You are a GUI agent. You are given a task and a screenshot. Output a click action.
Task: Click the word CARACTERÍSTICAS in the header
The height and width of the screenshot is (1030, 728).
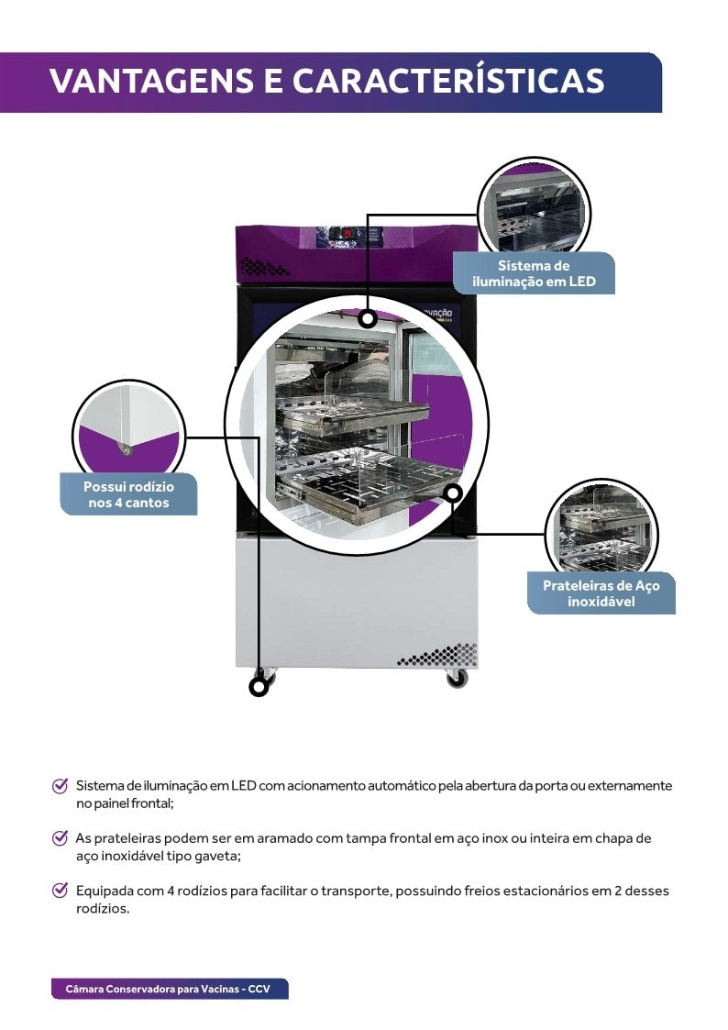(448, 81)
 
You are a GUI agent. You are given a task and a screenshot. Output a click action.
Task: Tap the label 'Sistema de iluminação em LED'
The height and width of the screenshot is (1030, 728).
(534, 273)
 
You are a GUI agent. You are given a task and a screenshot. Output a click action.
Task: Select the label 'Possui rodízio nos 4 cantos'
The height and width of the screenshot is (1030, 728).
(128, 494)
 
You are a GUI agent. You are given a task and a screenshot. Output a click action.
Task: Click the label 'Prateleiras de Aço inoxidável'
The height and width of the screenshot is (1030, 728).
(601, 593)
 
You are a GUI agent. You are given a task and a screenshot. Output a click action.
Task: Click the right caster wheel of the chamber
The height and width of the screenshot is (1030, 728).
(456, 679)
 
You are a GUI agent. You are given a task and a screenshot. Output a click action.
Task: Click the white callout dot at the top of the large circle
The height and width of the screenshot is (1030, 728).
(368, 319)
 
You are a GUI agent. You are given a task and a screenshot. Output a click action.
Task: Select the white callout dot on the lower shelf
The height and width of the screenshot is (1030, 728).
(452, 493)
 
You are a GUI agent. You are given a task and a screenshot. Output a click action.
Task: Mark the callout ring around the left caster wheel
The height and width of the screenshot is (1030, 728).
(259, 685)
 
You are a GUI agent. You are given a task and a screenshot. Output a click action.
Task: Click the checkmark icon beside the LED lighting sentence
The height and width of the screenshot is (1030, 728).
(61, 786)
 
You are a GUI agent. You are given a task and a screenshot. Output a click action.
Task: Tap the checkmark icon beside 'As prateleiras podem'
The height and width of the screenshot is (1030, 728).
(61, 838)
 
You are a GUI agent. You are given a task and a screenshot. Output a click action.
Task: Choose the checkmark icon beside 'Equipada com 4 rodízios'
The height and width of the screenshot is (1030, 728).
(61, 891)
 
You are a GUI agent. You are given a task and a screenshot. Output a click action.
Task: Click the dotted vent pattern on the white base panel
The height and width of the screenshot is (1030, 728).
(437, 655)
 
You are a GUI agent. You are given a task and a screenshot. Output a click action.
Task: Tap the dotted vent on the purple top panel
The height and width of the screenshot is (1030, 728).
(265, 267)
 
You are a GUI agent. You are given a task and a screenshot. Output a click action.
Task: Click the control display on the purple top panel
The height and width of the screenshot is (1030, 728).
(347, 234)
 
